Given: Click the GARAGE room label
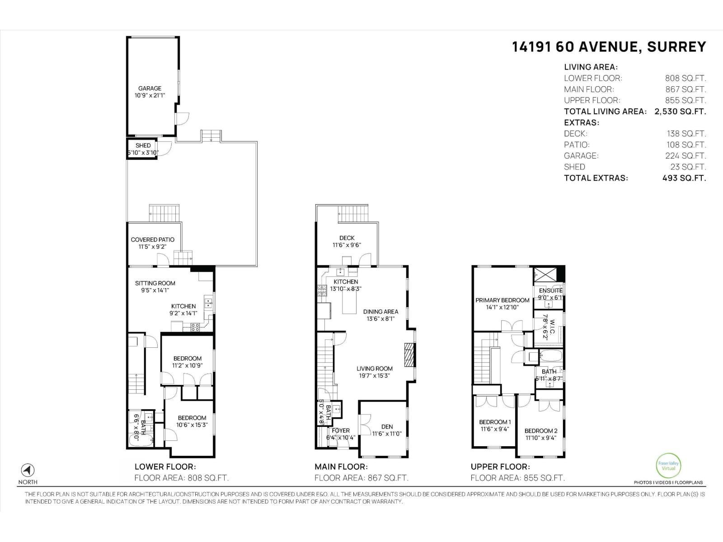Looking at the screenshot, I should [150, 89].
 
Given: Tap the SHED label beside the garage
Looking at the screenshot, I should [143, 145].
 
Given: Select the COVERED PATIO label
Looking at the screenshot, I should [152, 240].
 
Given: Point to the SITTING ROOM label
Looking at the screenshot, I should [155, 283].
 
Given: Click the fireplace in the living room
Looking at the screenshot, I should [409, 355].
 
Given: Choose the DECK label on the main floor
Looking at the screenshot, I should [347, 238].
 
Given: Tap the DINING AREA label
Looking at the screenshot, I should [380, 312].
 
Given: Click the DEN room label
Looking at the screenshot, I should [387, 426].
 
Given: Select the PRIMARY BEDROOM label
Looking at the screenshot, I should [502, 300].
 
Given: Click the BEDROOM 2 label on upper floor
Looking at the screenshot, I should [541, 430].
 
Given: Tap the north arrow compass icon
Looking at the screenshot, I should [28, 470].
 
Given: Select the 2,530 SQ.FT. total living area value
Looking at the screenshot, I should [680, 112].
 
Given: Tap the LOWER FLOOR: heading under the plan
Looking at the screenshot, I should [165, 467].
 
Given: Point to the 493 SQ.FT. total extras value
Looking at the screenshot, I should [684, 178].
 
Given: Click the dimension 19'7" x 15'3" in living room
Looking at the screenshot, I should [374, 376].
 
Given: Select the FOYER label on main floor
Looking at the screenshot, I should [340, 430].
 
